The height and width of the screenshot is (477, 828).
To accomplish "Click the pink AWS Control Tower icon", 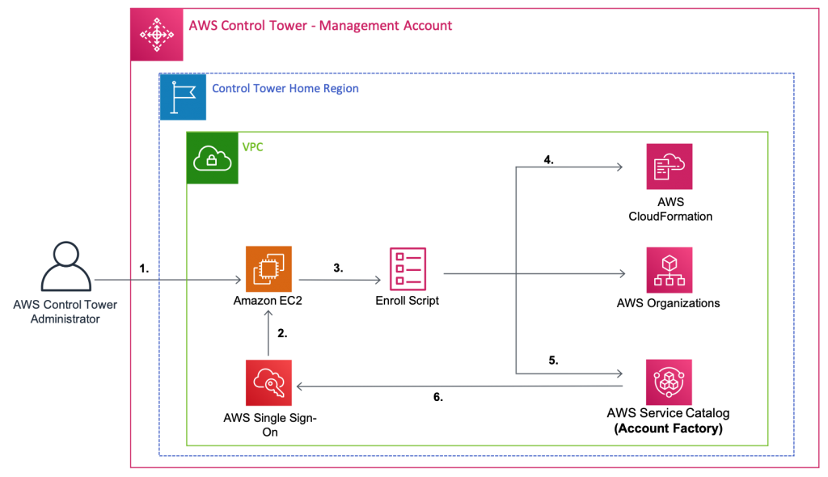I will [157, 35].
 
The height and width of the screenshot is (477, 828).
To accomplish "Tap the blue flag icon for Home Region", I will [183, 96].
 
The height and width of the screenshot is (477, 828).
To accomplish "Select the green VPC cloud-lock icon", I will [213, 158].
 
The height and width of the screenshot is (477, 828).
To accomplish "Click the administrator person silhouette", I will [66, 267].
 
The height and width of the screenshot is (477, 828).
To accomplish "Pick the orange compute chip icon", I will [268, 269].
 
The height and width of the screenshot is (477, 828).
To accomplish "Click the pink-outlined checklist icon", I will [408, 269].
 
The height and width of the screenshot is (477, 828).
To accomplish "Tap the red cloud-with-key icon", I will [268, 382].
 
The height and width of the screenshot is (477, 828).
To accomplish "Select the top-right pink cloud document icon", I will [669, 167].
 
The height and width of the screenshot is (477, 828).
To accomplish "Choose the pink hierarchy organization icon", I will [669, 270].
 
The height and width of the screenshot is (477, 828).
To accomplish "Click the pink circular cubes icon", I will [669, 382].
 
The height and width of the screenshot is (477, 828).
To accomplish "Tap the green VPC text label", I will [252, 148].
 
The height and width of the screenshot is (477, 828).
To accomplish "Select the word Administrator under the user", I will [65, 319].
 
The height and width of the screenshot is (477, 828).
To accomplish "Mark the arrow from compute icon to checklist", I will [340, 281].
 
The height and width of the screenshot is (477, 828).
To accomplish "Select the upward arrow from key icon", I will [268, 332].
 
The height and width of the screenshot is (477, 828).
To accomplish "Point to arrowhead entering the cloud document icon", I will [619, 167].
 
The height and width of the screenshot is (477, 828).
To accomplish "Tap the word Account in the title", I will [426, 26].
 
